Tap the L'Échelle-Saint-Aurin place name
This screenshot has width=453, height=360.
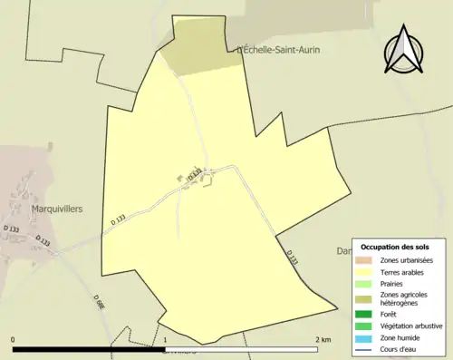coord(278,50)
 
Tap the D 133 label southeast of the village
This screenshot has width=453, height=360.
coord(292,258)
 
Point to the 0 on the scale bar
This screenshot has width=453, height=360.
coord(14,339)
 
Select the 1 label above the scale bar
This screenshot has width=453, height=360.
coord(166,339)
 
